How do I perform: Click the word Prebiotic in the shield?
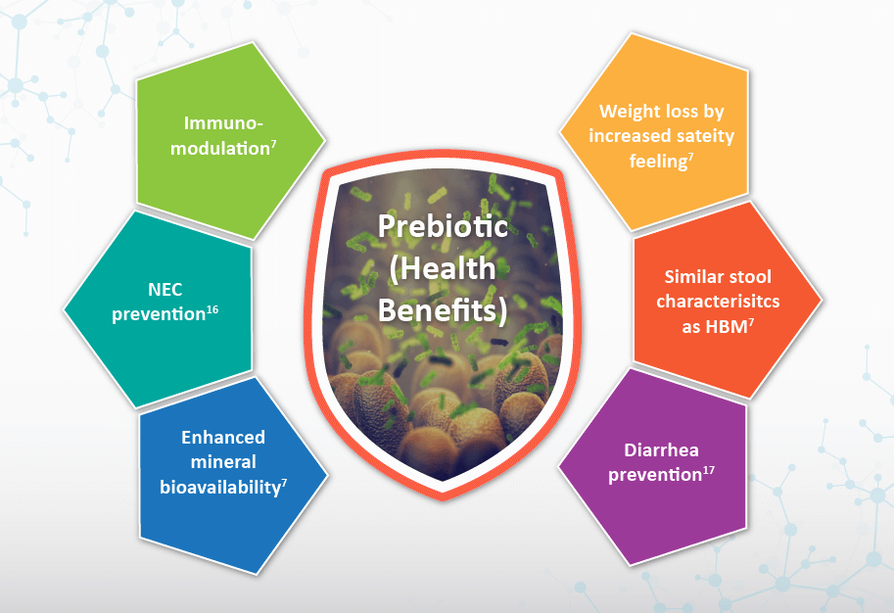pos(443,226)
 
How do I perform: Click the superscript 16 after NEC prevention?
pos(212,309)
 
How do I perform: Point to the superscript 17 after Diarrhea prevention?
pos(708,470)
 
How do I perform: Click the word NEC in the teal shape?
pos(165,290)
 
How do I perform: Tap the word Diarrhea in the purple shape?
pos(661,450)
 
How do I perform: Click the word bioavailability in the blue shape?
pos(220,488)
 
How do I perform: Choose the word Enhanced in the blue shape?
pos(223,438)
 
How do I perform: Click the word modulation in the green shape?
pos(220,149)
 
